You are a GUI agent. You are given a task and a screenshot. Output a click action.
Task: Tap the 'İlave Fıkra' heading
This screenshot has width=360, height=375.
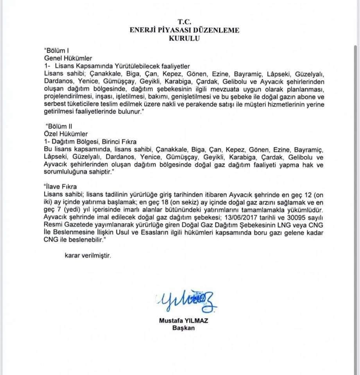(x=59, y=187)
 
